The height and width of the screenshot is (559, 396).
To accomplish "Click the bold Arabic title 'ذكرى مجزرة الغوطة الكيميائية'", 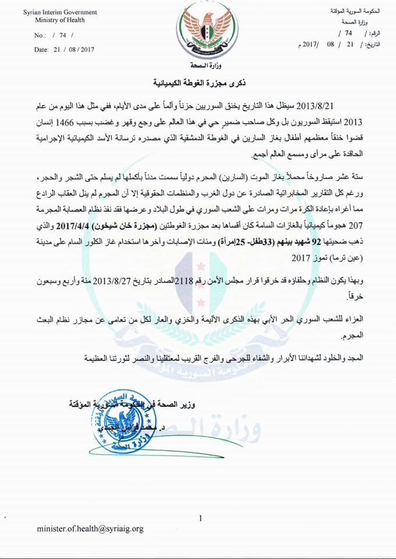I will point(199,82).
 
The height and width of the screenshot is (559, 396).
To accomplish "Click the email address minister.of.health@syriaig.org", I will point(90,529).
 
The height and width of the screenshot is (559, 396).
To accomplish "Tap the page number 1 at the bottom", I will point(200,517).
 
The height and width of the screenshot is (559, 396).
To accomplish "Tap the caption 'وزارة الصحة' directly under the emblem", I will point(197,65).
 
